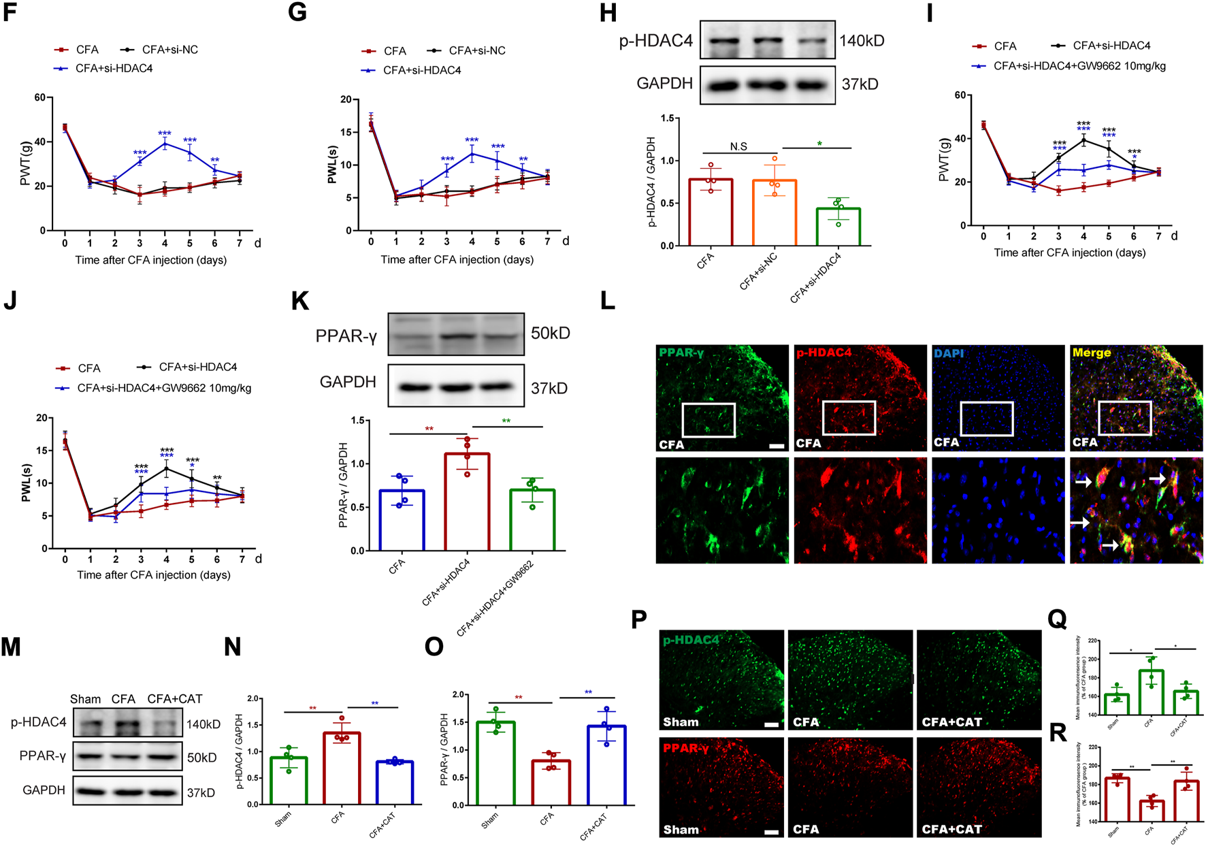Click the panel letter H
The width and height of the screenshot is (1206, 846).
click(608, 14)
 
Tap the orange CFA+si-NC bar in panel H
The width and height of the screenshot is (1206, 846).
click(774, 212)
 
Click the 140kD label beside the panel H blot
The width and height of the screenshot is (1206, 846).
click(862, 41)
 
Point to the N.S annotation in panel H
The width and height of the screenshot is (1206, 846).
click(738, 146)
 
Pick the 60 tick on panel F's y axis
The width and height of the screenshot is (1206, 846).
click(40, 97)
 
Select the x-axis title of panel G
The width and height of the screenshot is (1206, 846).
click(457, 259)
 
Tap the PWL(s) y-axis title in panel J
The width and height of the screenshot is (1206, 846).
click(27, 483)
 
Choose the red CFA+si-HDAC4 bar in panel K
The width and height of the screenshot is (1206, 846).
click(467, 502)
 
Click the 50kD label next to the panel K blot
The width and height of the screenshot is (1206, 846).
click(550, 333)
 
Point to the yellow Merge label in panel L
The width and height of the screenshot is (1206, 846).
click(1092, 353)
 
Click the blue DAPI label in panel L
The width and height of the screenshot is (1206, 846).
click(947, 353)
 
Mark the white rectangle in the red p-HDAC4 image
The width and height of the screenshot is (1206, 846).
click(849, 418)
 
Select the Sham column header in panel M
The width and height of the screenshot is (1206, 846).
click(85, 699)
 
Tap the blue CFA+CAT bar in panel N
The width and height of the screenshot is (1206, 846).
click(395, 783)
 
